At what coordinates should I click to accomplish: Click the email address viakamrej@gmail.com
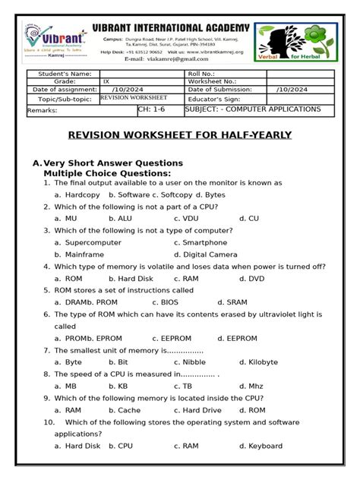177,58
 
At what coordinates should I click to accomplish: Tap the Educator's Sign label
217,99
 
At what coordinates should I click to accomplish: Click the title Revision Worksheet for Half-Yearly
181,135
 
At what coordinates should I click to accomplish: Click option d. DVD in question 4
251,278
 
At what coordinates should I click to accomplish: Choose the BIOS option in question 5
175,302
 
